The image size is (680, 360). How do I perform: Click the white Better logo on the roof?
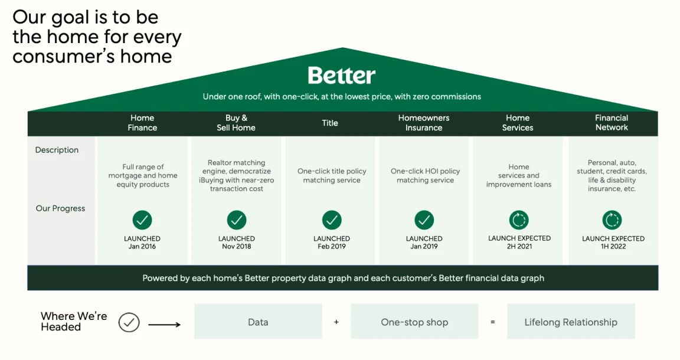pyautogui.click(x=341, y=76)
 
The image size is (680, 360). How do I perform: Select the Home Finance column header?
pyautogui.click(x=142, y=123)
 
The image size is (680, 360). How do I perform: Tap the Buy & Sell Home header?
pyautogui.click(x=236, y=123)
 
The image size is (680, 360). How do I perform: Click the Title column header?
pyautogui.click(x=329, y=123)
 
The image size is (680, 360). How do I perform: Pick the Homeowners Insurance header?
pyautogui.click(x=424, y=123)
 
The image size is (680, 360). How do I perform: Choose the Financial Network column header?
pyautogui.click(x=612, y=123)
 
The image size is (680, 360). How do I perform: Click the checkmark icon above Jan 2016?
pyautogui.click(x=142, y=220)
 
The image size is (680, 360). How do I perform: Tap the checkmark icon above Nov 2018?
pyautogui.click(x=237, y=220)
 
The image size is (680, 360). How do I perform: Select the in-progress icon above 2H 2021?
pyautogui.click(x=519, y=220)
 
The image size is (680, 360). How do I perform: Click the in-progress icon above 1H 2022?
pyautogui.click(x=612, y=220)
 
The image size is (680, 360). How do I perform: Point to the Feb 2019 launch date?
pyautogui.click(x=332, y=246)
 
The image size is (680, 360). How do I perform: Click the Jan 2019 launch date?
pyautogui.click(x=424, y=246)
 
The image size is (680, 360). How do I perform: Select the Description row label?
pyautogui.click(x=57, y=150)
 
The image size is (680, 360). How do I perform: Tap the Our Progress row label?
pyautogui.click(x=60, y=208)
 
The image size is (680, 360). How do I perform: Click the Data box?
pyautogui.click(x=258, y=322)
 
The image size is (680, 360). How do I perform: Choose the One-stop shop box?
pyautogui.click(x=414, y=322)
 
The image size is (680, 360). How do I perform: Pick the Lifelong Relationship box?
pyautogui.click(x=571, y=322)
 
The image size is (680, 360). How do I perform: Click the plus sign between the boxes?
pyautogui.click(x=336, y=322)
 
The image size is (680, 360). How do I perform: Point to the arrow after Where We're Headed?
pyautogui.click(x=164, y=325)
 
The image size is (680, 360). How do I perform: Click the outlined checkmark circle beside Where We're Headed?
pyautogui.click(x=129, y=322)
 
